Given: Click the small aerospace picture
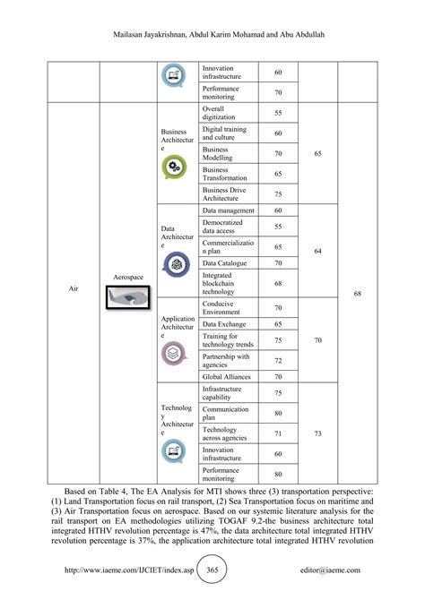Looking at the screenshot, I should [129, 299].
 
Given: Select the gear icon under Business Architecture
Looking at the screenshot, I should [174, 167].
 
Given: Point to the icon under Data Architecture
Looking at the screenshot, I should [174, 262].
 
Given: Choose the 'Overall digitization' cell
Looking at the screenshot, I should [229, 113].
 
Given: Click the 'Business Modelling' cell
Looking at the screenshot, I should [229, 153].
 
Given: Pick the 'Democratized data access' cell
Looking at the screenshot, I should [229, 227].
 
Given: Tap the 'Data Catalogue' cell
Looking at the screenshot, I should [229, 263].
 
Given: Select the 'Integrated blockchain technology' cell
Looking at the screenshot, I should [229, 284].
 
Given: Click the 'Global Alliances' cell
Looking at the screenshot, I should [229, 377].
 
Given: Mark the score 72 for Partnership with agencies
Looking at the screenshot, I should [278, 359].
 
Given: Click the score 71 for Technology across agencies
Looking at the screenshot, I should [278, 434].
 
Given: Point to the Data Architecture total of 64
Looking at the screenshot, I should [319, 252].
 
